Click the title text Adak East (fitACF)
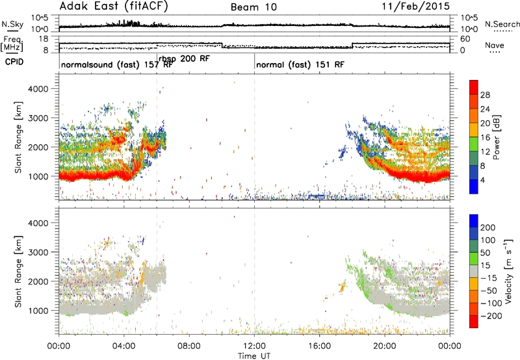(x=114, y=6)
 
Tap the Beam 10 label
(x=253, y=7)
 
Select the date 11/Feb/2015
(x=416, y=6)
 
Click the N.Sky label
(x=12, y=24)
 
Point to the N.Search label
(x=502, y=24)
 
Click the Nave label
(x=495, y=45)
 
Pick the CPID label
(x=14, y=62)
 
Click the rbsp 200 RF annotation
(x=185, y=58)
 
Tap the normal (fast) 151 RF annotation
(x=300, y=64)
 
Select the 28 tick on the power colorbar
(x=485, y=95)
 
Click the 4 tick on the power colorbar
(x=482, y=181)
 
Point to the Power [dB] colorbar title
(x=496, y=137)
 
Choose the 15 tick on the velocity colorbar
(x=485, y=266)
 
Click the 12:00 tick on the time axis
(x=254, y=346)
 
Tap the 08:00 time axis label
(x=189, y=346)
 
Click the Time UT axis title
(x=254, y=356)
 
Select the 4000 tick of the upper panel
(x=38, y=89)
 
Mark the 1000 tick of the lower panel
(x=38, y=311)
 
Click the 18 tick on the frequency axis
(x=44, y=39)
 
